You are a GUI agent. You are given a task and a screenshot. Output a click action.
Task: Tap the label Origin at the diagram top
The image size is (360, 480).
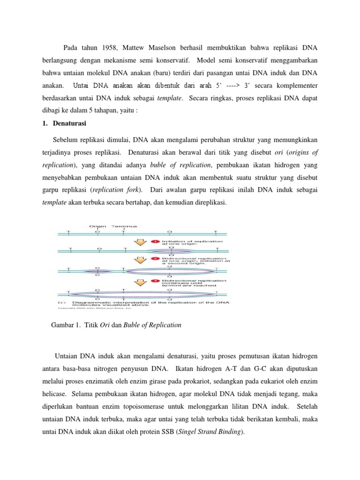point(97,226)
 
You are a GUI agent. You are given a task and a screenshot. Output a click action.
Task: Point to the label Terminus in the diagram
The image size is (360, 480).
point(124,226)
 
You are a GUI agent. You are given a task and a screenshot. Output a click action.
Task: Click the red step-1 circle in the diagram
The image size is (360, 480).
point(156,241)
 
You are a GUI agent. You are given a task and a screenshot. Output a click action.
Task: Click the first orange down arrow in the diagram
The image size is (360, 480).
point(140,242)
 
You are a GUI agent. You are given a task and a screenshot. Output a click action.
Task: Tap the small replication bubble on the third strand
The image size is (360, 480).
point(97,271)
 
